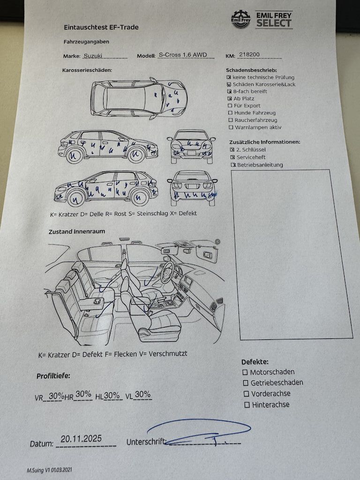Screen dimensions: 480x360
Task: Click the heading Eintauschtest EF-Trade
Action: click(101, 27)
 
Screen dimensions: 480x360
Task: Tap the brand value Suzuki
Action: click(94, 55)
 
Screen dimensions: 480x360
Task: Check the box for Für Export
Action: click(230, 106)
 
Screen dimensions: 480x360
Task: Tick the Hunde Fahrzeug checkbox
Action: click(230, 113)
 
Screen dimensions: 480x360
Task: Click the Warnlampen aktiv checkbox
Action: click(230, 127)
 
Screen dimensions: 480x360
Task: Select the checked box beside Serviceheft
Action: click(232, 157)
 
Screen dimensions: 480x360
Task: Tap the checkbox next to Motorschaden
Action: click(245, 372)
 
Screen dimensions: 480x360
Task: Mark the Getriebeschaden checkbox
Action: click(245, 383)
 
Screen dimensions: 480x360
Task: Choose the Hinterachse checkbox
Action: click(245, 405)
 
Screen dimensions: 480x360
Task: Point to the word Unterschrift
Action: click(146, 442)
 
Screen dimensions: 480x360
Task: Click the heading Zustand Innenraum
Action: click(77, 231)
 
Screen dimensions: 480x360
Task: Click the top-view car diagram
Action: click(139, 97)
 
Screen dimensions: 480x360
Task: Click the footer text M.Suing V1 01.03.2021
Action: click(49, 469)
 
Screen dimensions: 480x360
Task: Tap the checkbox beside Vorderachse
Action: click(245, 394)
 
